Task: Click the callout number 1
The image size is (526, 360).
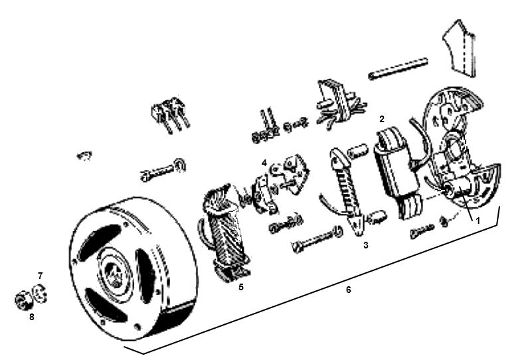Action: coord(478,221)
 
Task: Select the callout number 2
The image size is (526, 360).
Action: coord(381,119)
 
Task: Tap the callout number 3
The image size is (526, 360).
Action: coord(366,245)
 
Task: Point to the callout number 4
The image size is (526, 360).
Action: coord(264,163)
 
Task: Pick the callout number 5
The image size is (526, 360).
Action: coord(241,287)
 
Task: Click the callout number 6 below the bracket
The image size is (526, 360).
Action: coord(349,289)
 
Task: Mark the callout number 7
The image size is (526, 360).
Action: coord(41,276)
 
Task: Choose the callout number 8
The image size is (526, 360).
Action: coord(31,317)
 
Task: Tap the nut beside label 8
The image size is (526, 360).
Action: coord(23,300)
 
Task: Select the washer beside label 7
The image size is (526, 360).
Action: coord(40,293)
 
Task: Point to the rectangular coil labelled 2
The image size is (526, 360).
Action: coord(398,171)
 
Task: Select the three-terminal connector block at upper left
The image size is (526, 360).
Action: coord(171,112)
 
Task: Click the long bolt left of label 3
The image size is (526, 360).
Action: coord(317,238)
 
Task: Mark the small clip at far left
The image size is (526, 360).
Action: coord(84,156)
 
